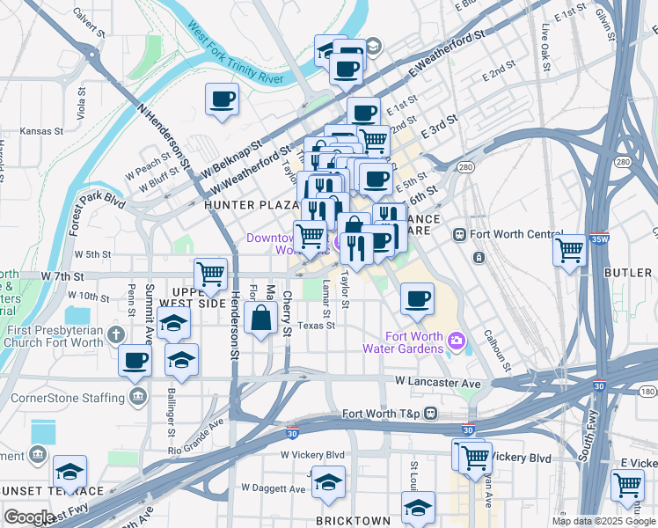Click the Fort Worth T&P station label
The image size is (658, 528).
(x=382, y=414)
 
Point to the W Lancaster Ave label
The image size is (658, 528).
(x=438, y=383)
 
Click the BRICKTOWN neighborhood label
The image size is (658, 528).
(x=354, y=521)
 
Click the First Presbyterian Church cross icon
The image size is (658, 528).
(x=115, y=334)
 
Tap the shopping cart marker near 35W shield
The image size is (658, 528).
(x=569, y=250)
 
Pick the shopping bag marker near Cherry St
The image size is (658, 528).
(x=262, y=319)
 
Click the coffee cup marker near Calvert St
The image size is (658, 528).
(x=222, y=98)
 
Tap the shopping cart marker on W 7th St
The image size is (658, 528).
(x=211, y=275)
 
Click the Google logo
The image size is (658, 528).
(x=29, y=517)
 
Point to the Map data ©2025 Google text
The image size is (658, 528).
(x=603, y=521)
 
